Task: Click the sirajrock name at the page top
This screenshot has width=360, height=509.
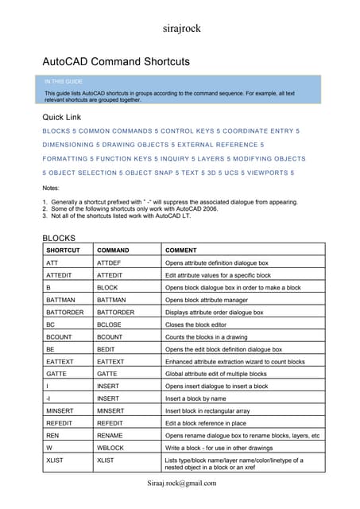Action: click(180, 30)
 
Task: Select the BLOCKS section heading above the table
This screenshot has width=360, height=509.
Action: click(58, 237)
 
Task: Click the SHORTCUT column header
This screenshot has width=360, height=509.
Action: click(63, 250)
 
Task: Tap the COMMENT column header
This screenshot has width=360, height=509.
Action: click(180, 250)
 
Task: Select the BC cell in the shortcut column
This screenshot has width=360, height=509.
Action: click(51, 324)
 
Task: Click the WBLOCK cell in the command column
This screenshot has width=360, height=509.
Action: click(111, 448)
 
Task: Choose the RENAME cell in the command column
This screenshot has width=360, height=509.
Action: click(111, 435)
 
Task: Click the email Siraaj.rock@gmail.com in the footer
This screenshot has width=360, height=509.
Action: click(181, 484)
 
